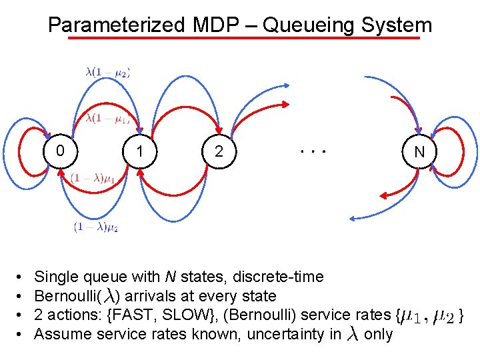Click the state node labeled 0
tap(61, 151)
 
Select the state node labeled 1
tap(139, 151)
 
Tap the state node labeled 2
tap(219, 151)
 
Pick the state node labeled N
tap(419, 152)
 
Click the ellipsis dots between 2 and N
tap(312, 152)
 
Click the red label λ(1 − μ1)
tap(107, 118)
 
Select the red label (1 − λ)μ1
tap(93, 178)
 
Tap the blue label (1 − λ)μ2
tap(96, 227)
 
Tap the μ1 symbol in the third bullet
tap(411, 316)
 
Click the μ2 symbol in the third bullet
tap(443, 316)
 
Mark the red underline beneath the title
tap(244, 38)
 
